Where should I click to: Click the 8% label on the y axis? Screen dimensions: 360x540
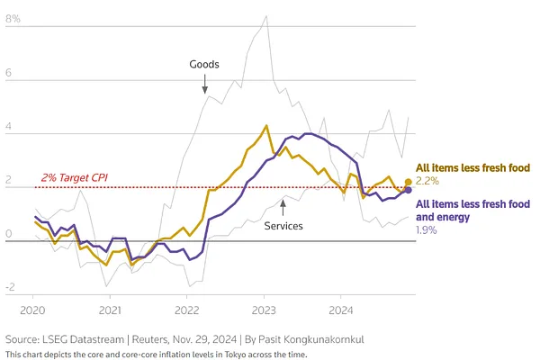point(13,17)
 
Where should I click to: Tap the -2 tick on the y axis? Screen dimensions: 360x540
point(10,287)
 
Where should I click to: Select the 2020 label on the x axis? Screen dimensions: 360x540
point(33,310)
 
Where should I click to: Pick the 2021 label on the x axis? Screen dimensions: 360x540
point(110,310)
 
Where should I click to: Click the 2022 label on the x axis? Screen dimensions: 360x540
point(186,310)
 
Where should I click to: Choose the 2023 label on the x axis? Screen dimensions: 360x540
point(264,310)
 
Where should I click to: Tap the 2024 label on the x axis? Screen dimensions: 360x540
point(340,310)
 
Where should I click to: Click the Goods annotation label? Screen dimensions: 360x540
point(204,64)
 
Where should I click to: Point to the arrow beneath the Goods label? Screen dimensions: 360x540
point(204,85)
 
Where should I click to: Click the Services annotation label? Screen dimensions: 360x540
point(283,226)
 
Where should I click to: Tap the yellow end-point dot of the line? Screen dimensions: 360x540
point(408,182)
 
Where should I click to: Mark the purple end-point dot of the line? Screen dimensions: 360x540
point(408,190)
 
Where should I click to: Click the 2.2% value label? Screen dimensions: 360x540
point(427,182)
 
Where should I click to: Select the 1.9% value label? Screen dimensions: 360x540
point(427,231)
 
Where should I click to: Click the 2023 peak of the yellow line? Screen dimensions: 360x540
point(266,126)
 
